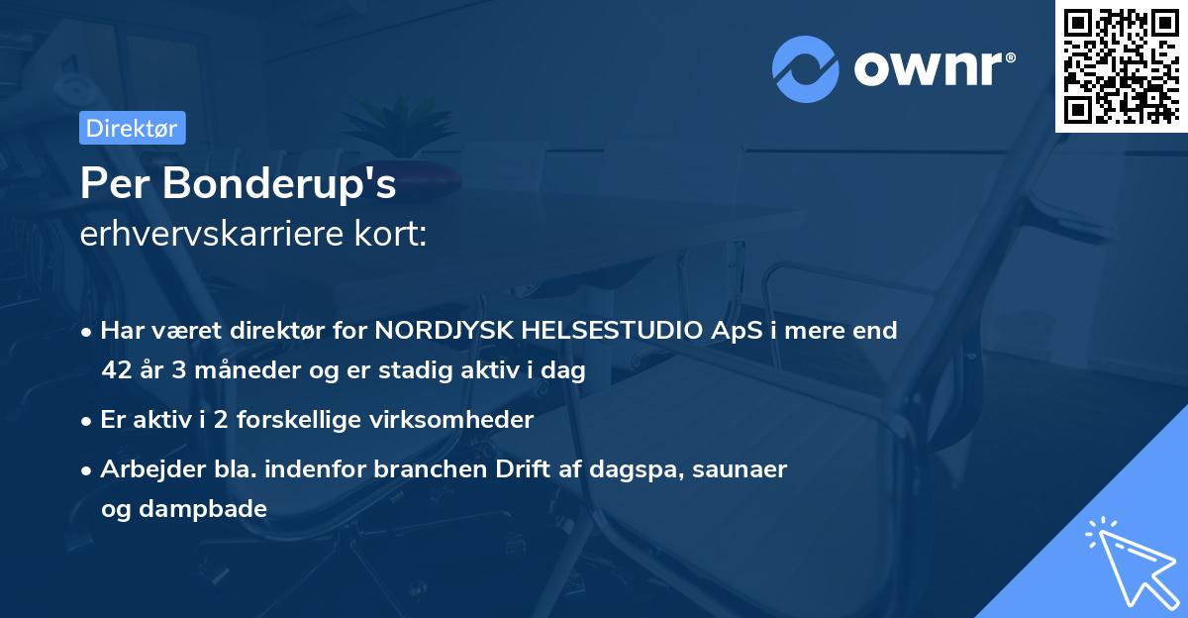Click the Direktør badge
pyautogui.click(x=132, y=128)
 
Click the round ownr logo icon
pyautogui.click(x=806, y=69)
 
